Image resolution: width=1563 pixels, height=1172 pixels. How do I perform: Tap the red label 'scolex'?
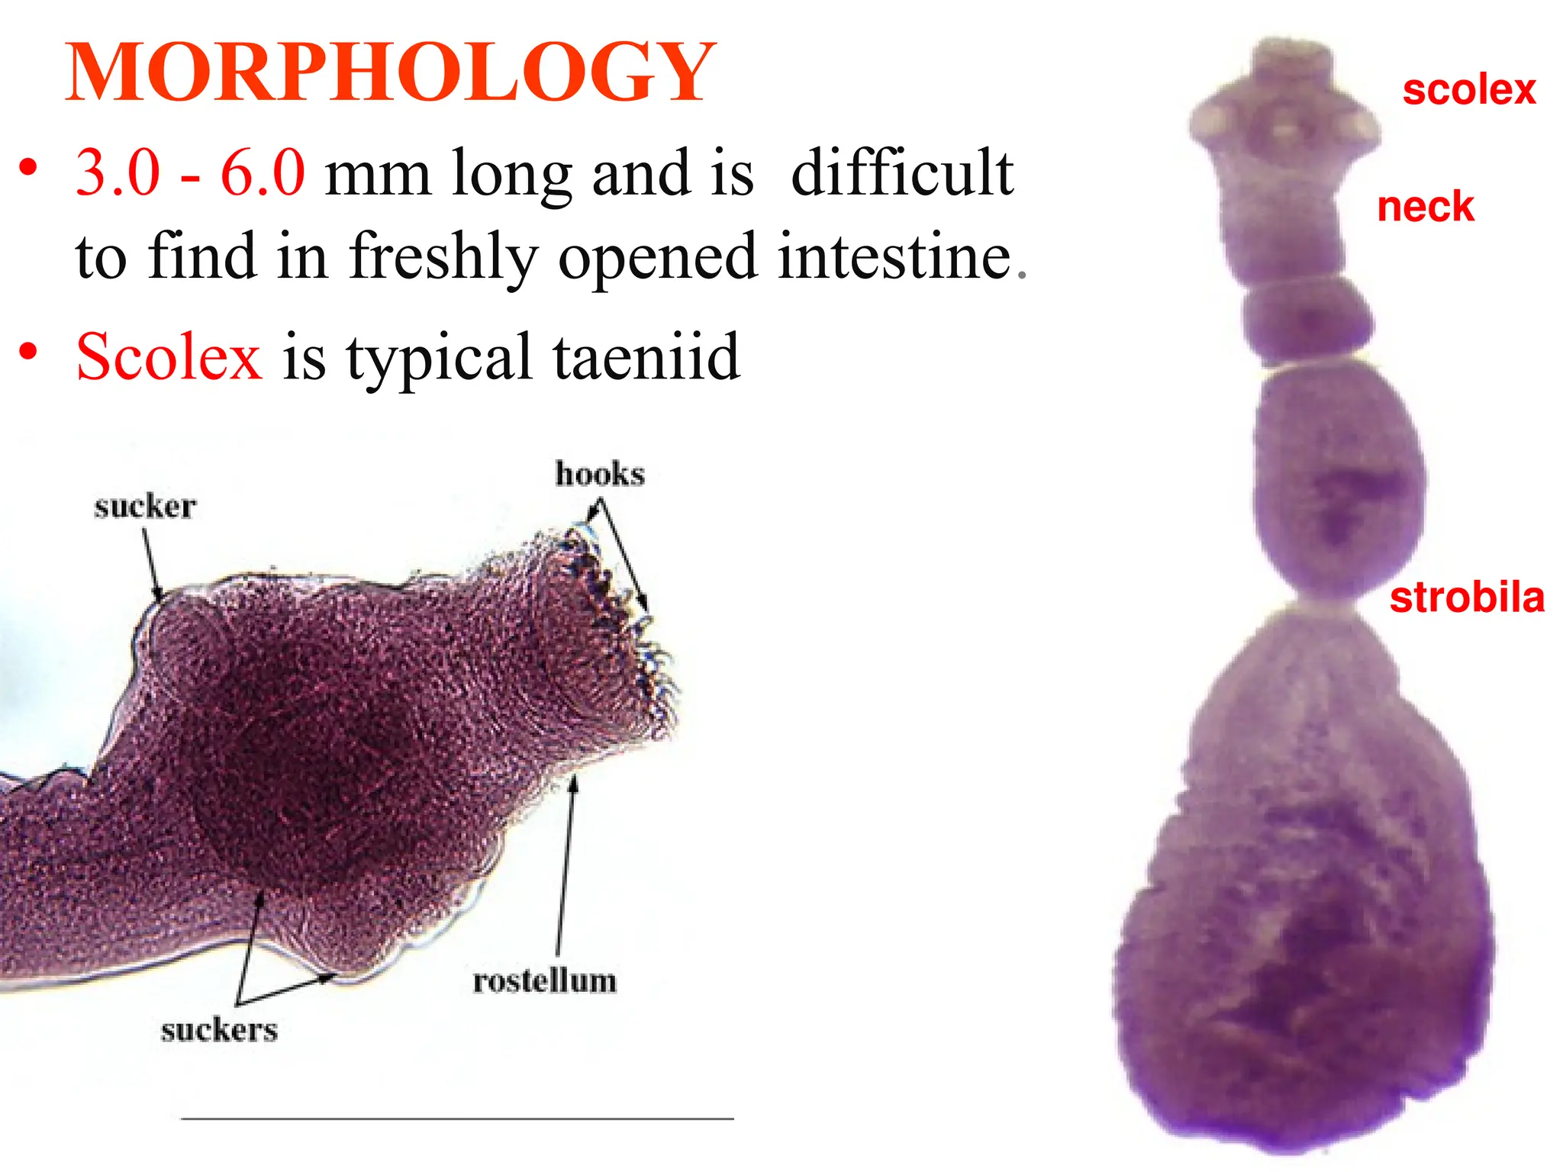coord(1468,90)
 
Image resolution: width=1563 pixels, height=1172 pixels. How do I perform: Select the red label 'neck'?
coord(1425,207)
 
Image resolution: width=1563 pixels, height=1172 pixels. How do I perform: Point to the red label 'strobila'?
coord(1466,597)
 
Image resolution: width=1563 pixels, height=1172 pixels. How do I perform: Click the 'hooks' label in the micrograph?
coord(600,474)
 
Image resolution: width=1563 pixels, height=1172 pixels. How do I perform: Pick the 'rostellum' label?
coord(544,981)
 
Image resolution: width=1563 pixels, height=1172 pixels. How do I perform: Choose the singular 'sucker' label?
coord(145,507)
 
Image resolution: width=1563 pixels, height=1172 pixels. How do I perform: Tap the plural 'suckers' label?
coord(219,1030)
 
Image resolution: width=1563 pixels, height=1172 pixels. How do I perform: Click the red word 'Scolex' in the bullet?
coord(169,357)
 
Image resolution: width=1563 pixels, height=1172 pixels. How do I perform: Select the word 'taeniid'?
coord(646,357)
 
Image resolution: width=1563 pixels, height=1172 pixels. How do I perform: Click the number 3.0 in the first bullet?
coord(118,173)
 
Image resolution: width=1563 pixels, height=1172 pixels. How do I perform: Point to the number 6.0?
coord(263,173)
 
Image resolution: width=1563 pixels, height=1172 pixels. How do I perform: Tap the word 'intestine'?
coord(894,256)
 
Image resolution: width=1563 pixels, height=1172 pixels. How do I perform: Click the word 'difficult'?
coord(902,173)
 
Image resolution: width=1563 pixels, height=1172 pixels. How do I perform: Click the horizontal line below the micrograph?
coord(457,1119)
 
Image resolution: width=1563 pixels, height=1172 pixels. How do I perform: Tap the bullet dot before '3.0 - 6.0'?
coord(28,168)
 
